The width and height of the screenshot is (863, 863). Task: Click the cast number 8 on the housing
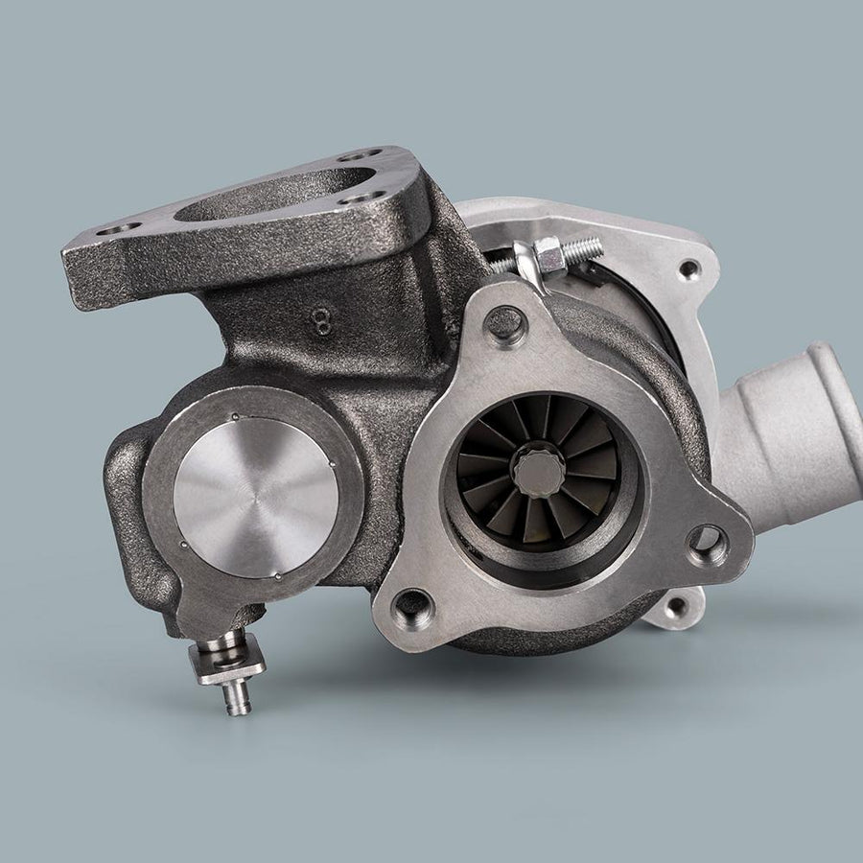point(322,321)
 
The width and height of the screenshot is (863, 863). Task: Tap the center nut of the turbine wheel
point(539,472)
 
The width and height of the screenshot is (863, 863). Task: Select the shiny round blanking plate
point(256,498)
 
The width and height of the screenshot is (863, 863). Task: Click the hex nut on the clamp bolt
point(551,254)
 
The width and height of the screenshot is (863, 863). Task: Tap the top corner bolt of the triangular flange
point(505,324)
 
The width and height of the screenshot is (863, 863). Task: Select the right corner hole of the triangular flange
point(708,545)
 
